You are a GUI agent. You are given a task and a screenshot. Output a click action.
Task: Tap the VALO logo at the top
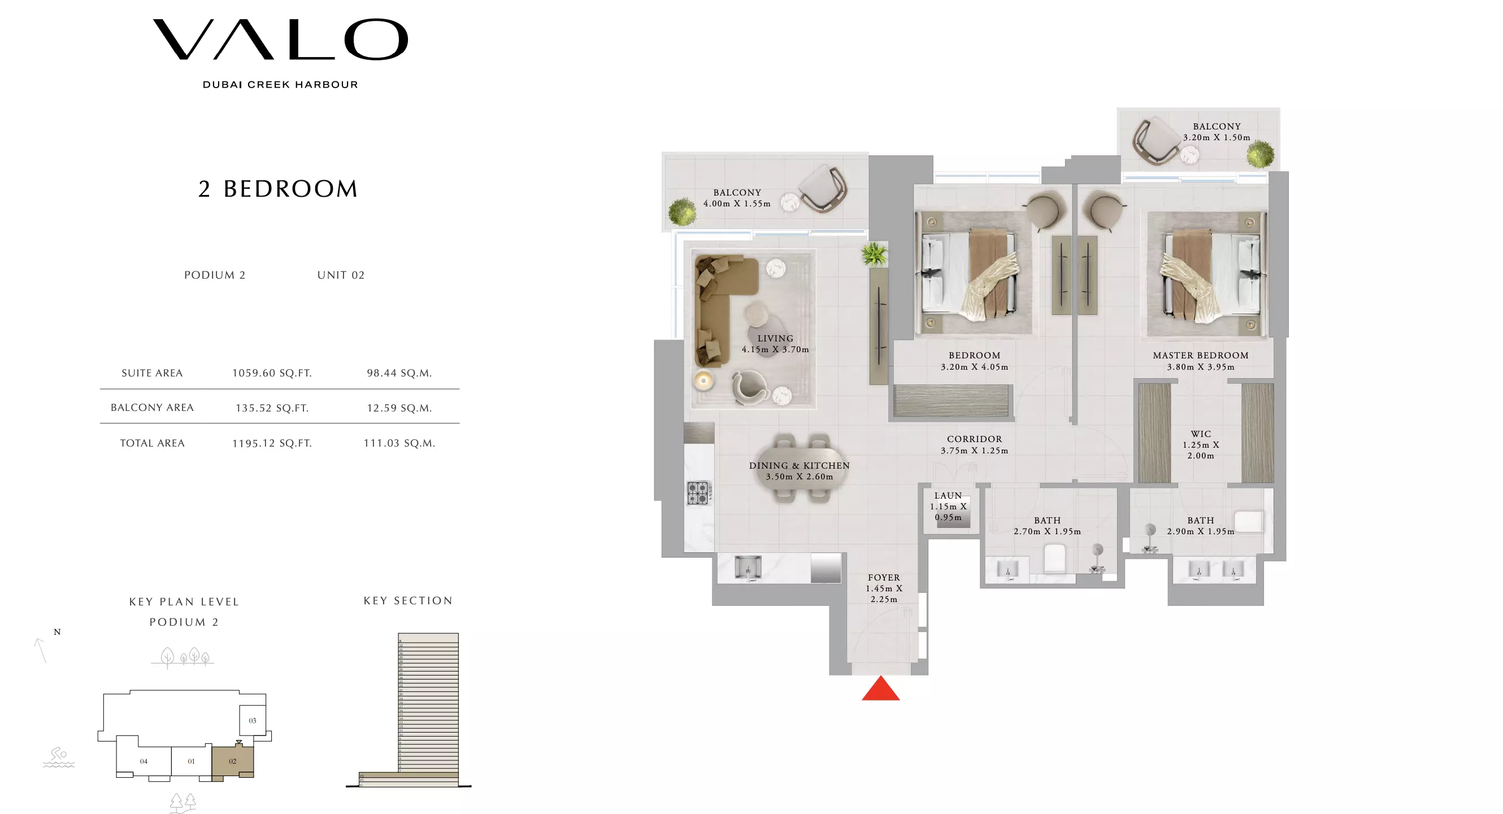coord(280,40)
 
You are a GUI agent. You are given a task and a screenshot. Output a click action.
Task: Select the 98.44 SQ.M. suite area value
coord(399,373)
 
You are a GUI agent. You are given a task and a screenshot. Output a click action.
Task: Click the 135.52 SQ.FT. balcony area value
coord(272,408)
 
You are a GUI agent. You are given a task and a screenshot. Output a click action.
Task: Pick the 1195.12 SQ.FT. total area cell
coord(272,443)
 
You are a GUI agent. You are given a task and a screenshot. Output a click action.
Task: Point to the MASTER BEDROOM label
coord(1200,356)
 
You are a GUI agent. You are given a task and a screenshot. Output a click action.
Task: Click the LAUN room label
coord(948,495)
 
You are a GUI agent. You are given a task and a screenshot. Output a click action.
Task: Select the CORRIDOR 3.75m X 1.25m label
coord(974,444)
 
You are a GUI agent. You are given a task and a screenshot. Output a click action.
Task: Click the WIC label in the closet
coord(1200,434)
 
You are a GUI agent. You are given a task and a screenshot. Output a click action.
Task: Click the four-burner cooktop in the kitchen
coord(698,492)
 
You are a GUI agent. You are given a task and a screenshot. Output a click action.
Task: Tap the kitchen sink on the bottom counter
coord(748,567)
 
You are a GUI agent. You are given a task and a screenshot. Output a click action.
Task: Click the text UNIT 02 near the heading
coord(341,275)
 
